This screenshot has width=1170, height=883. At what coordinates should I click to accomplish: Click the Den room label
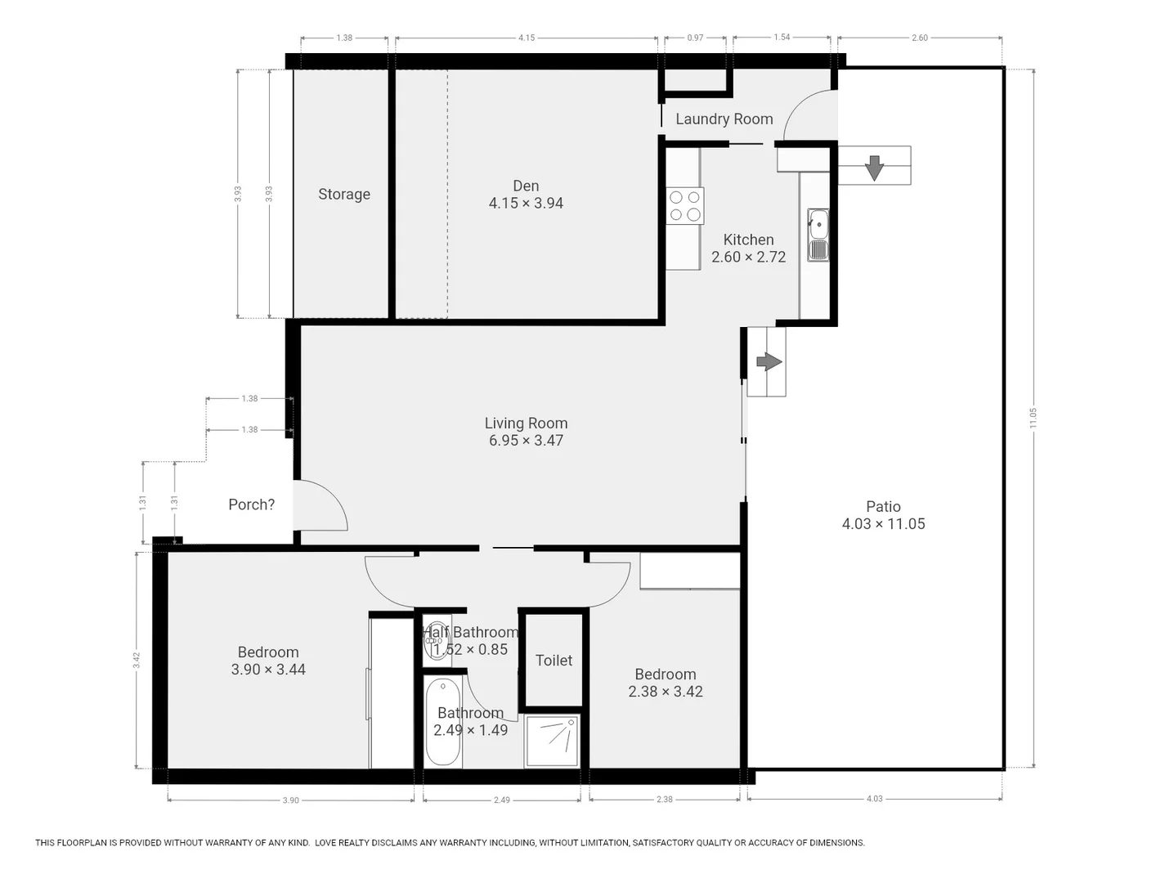526,186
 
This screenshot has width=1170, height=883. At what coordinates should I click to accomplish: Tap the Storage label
344,195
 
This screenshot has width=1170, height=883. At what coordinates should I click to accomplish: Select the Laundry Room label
724,119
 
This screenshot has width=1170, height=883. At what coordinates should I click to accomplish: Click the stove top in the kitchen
684,206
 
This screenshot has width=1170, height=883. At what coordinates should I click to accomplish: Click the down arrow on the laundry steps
874,168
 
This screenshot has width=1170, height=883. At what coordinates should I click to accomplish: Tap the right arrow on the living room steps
769,361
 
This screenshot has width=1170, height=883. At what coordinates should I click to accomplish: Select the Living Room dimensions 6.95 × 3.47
526,441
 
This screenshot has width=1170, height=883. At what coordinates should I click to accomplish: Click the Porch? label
251,505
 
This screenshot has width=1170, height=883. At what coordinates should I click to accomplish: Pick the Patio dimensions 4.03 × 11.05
883,524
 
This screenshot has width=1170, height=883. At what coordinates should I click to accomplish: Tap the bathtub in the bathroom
443,722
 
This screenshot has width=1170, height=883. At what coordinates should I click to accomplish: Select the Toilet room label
554,661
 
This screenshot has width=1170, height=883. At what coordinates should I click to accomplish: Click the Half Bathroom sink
434,641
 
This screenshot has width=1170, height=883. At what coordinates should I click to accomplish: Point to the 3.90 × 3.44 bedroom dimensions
268,670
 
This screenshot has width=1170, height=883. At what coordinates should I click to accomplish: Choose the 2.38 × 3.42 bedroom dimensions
665,692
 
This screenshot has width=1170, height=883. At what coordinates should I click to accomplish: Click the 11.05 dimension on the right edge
1033,418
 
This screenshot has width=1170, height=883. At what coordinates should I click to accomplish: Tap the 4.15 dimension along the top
527,38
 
